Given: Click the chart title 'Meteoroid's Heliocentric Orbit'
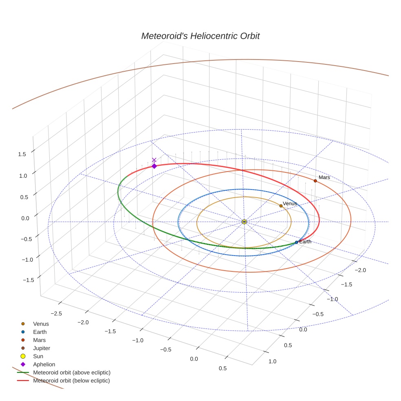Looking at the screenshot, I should click(200, 36).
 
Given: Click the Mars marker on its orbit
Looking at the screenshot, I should click(315, 181).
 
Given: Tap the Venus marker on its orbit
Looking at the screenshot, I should click(281, 206).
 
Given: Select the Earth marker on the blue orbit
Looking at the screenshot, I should click(296, 242).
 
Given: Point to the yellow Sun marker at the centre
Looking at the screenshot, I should click(244, 222).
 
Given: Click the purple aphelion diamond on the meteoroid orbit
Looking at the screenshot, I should click(154, 166).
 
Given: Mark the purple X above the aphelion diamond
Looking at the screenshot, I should click(154, 160).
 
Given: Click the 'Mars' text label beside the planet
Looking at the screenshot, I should click(324, 177).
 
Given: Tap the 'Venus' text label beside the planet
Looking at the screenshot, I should click(290, 203).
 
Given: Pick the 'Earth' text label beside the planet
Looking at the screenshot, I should click(305, 242).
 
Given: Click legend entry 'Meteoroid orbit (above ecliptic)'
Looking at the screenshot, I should click(72, 372).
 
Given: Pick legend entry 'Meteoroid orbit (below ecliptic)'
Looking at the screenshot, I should click(71, 381).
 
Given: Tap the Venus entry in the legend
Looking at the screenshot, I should click(41, 324).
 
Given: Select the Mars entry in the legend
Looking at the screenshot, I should click(39, 340).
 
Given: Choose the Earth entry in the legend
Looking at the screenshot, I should click(40, 332).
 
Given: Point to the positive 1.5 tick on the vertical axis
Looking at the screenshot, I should click(22, 154).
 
